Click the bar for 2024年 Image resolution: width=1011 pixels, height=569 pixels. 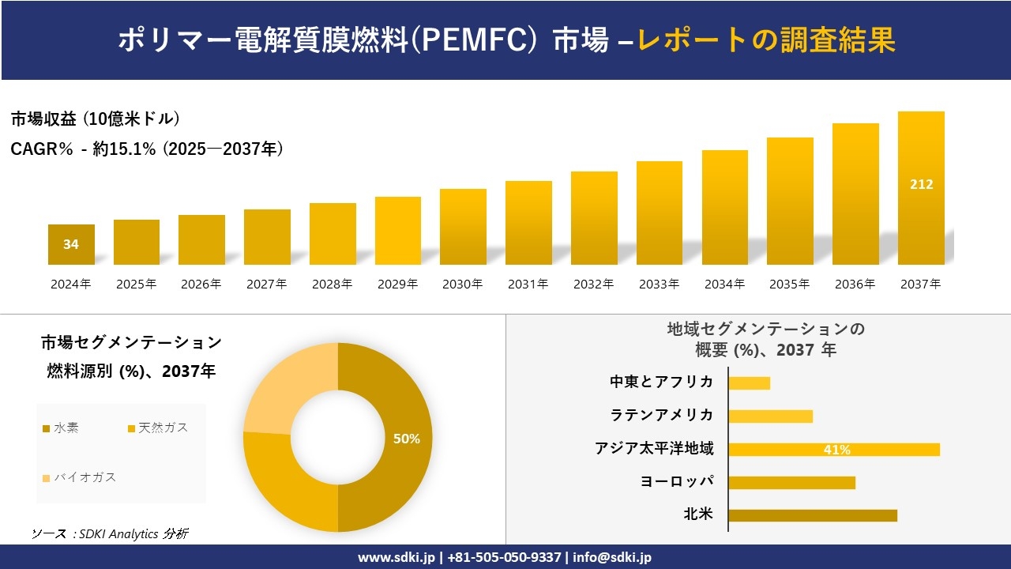click(x=71, y=245)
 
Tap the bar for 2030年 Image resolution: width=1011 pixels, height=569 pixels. click(x=463, y=227)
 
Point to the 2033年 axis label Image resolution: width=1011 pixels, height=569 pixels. click(x=659, y=284)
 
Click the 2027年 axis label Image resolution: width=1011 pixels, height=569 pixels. click(x=266, y=284)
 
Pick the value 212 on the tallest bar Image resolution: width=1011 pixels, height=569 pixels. click(x=921, y=184)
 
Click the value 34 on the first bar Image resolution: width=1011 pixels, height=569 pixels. click(x=71, y=244)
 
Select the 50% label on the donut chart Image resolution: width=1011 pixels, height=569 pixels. click(x=407, y=439)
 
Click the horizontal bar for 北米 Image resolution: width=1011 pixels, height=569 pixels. click(x=812, y=515)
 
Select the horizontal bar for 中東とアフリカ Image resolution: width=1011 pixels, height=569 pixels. click(x=749, y=382)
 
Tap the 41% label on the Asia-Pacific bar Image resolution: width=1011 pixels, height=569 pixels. click(x=836, y=450)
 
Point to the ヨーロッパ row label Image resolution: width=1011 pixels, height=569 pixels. click(x=677, y=481)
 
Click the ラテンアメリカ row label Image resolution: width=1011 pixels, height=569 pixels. click(x=661, y=415)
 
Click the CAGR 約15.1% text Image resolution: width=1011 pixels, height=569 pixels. click(x=147, y=149)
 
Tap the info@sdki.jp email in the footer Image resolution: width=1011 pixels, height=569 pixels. click(x=611, y=557)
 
